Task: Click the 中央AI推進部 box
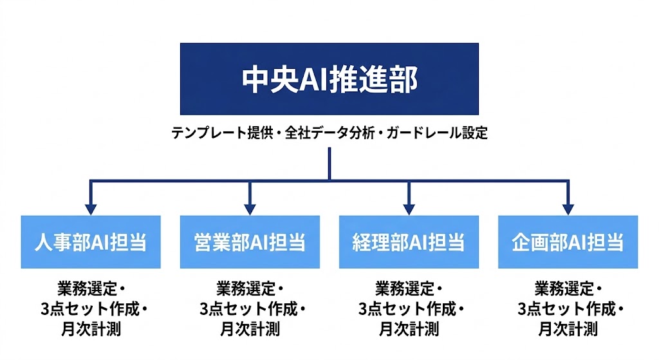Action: pos(329,79)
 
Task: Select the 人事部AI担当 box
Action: pos(91,242)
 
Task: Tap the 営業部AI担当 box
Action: pos(250,242)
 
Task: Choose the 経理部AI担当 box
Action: pos(409,242)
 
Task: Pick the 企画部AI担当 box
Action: pos(568,242)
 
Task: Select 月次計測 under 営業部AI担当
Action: pos(250,329)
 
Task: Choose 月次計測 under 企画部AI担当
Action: pos(568,329)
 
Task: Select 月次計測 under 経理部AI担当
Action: pos(409,329)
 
